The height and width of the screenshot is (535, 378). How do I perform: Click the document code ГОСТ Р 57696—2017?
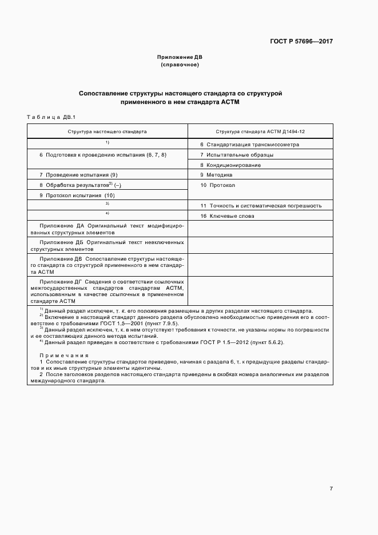click(x=301, y=42)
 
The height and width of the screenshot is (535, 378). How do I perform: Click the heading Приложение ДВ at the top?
click(x=180, y=57)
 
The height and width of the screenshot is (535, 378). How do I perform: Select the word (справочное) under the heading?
click(x=180, y=65)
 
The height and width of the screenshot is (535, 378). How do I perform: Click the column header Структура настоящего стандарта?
click(x=108, y=131)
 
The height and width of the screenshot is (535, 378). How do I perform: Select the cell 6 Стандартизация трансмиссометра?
click(x=249, y=145)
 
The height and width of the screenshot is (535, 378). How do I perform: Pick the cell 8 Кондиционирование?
click(x=230, y=165)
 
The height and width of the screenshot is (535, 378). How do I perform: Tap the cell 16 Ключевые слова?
click(x=227, y=215)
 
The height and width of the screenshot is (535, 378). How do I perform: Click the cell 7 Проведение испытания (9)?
click(x=78, y=175)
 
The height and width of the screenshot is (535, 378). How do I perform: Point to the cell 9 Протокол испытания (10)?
click(x=77, y=195)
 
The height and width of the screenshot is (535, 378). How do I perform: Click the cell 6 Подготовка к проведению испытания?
click(x=103, y=155)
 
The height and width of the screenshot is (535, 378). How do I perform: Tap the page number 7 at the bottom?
click(x=331, y=488)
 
